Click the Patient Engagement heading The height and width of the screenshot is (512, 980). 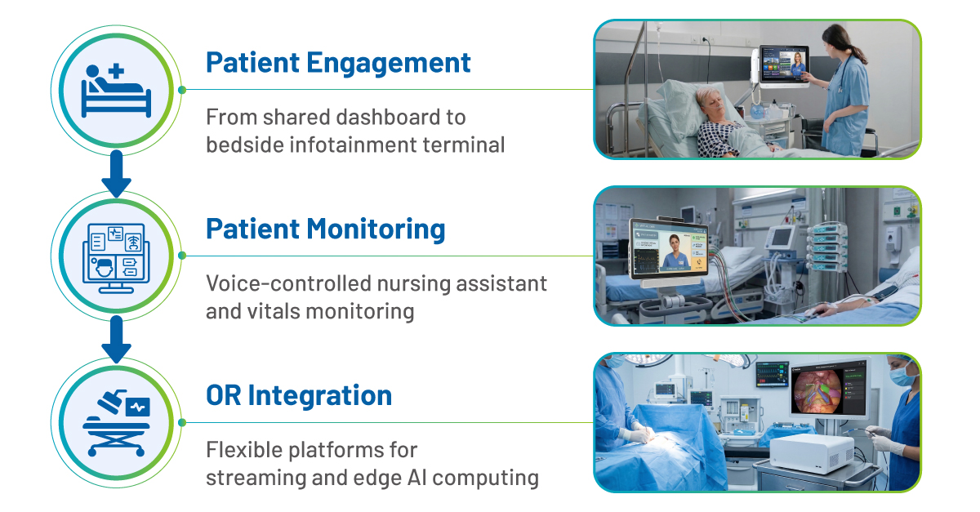click(338, 64)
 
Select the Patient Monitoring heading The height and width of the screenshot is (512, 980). click(326, 229)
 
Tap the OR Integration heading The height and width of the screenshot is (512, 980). click(299, 395)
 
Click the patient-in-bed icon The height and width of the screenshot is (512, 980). click(116, 91)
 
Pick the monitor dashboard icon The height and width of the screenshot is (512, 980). click(116, 258)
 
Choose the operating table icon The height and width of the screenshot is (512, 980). click(116, 423)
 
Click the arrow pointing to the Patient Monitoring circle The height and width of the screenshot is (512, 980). click(116, 174)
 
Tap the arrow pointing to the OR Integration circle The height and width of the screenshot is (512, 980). click(116, 340)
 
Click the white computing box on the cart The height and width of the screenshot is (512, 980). click(812, 454)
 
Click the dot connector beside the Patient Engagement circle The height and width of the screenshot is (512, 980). click(182, 90)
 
